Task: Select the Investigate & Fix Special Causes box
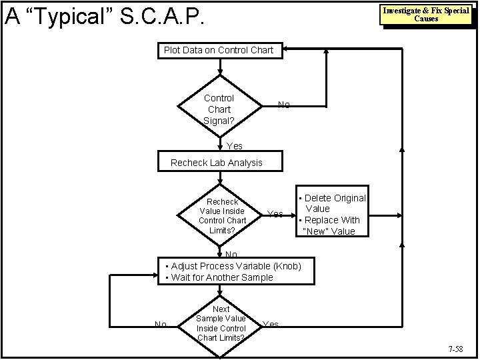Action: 425,15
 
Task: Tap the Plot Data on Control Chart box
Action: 219,51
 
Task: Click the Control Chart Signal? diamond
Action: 219,108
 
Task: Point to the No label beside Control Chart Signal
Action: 284,105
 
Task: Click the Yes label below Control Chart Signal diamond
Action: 235,146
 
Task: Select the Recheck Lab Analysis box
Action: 217,163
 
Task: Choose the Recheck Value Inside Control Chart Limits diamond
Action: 222,215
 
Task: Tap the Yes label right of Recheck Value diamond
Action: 275,214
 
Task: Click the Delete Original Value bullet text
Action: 333,203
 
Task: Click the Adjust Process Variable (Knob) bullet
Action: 233,266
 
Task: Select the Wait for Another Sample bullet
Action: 219,277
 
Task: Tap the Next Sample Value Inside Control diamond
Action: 221,323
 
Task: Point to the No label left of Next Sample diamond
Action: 161,325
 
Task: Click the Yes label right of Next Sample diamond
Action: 271,325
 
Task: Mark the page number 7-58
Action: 457,349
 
